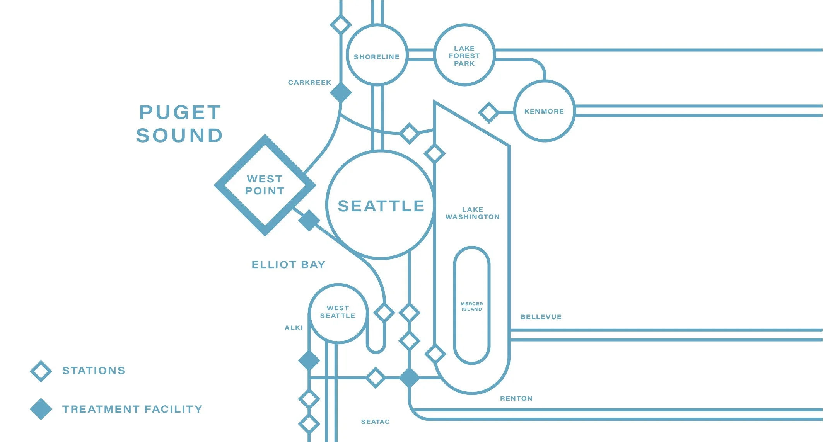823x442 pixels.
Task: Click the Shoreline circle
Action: [x=377, y=55]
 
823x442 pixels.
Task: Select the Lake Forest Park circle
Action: [x=464, y=55]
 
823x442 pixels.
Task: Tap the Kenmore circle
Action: [x=544, y=111]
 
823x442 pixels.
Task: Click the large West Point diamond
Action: [x=265, y=185]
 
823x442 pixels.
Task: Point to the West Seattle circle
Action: [x=338, y=313]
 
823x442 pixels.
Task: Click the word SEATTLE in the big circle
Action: [x=381, y=206]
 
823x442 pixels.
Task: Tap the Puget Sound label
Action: [x=180, y=124]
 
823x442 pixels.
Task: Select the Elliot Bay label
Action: [x=289, y=265]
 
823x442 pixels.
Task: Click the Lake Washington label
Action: [x=472, y=213]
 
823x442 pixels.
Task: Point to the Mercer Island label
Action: [x=472, y=306]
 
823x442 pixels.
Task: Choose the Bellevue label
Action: [x=541, y=317]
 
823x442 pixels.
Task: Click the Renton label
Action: [x=516, y=398]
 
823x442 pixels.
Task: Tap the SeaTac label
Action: [x=375, y=422]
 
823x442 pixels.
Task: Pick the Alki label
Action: [x=294, y=328]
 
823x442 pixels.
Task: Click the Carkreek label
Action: [x=309, y=82]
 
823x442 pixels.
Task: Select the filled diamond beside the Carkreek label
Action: [x=341, y=93]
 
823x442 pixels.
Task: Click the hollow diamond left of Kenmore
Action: [x=489, y=112]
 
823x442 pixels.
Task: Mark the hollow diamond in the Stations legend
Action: [x=41, y=371]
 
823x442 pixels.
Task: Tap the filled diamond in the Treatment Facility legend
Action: [x=41, y=409]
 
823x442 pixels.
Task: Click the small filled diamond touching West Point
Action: [x=309, y=221]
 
